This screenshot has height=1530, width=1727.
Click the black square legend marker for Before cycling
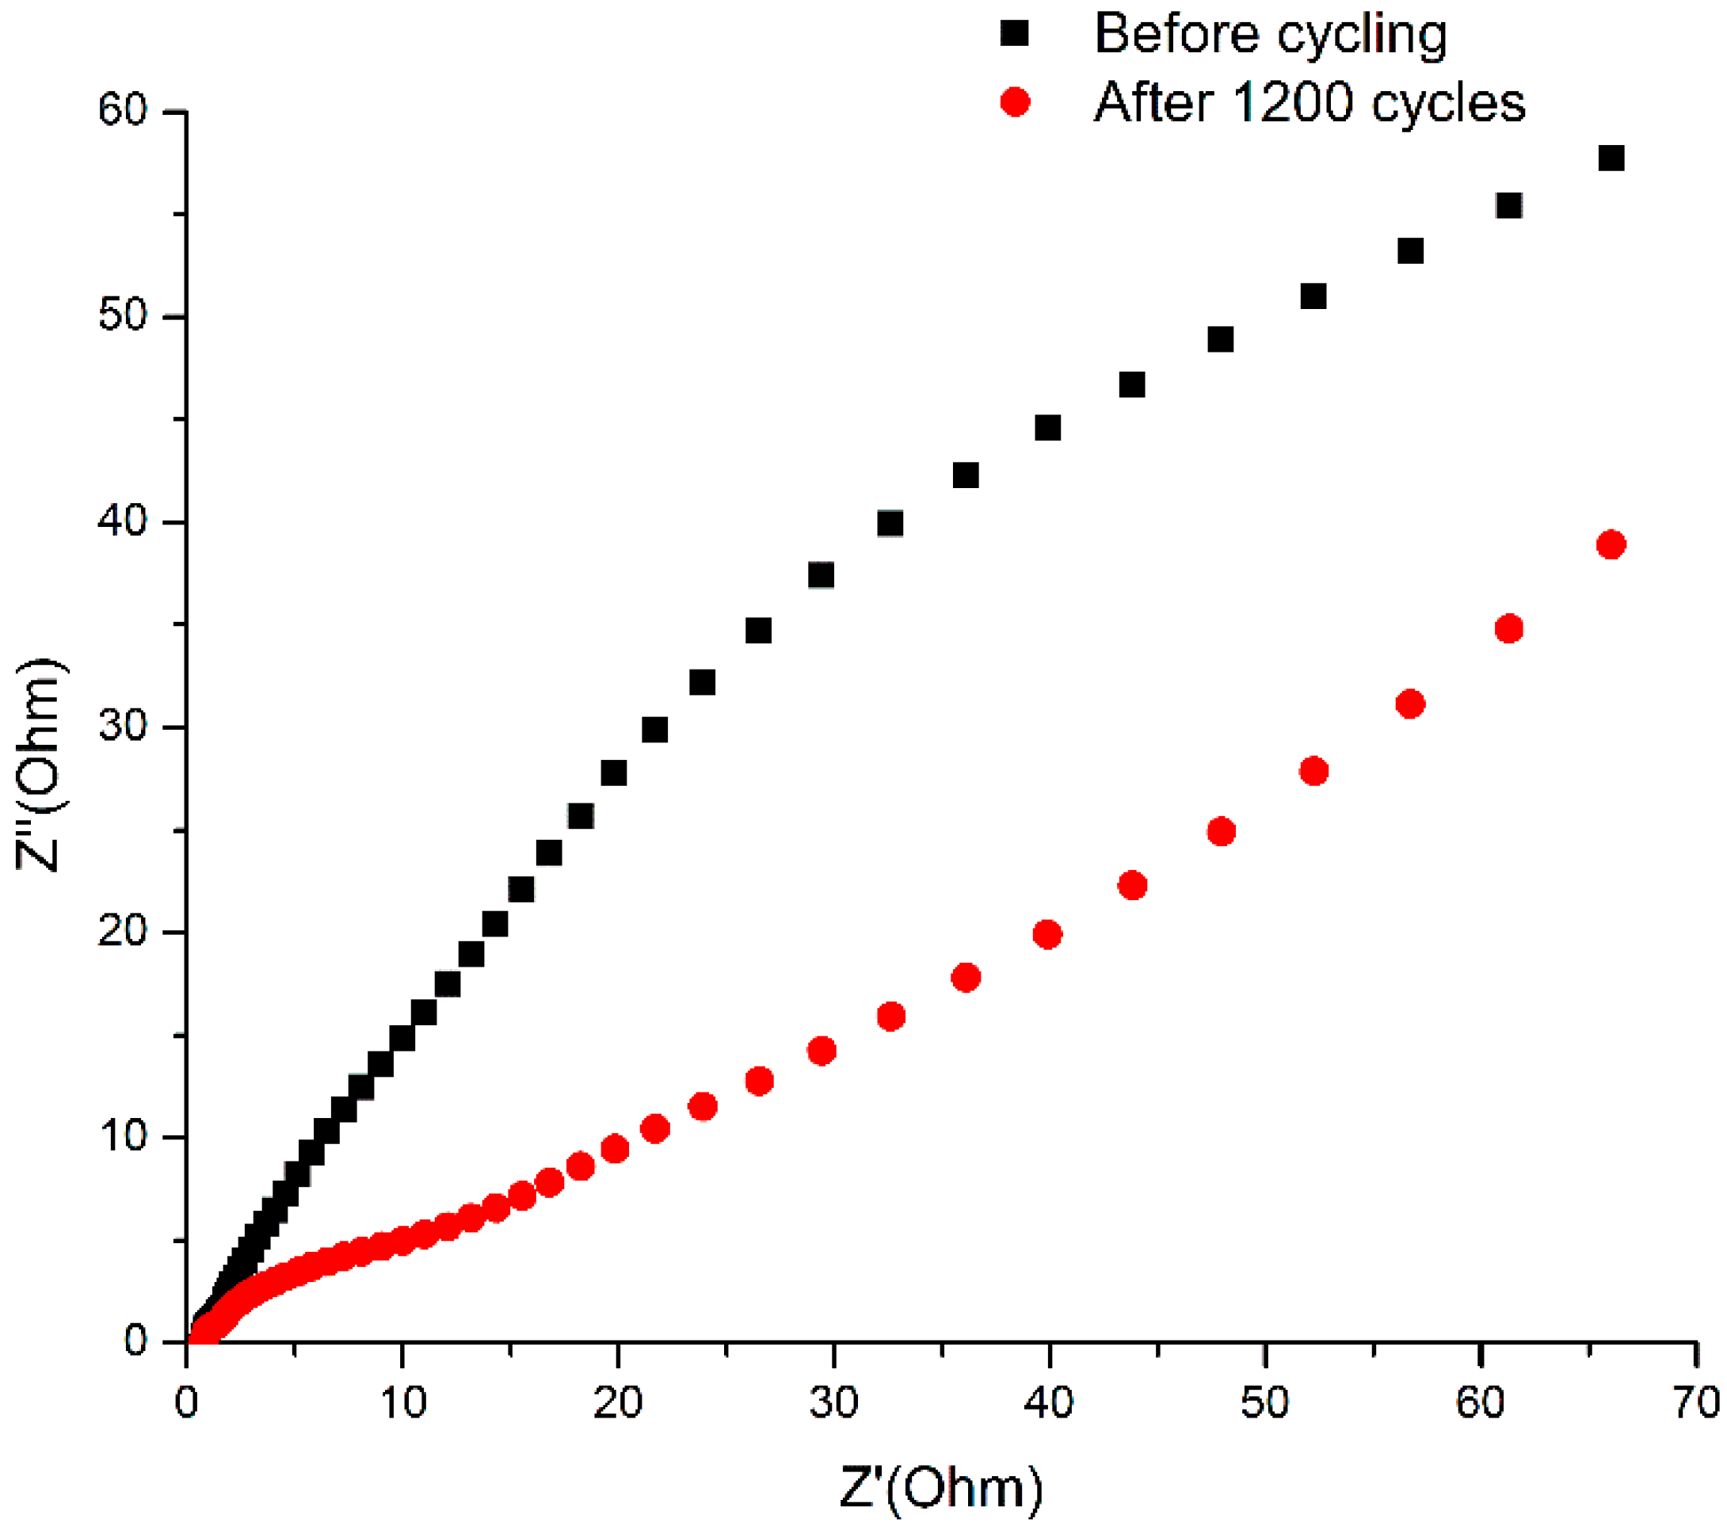click(1014, 34)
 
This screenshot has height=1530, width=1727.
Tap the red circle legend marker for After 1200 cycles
click(1014, 102)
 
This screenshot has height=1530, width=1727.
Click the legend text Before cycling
click(1271, 36)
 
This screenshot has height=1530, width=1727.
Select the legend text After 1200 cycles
click(1310, 103)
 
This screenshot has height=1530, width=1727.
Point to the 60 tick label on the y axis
click(123, 110)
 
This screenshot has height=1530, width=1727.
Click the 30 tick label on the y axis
click(123, 727)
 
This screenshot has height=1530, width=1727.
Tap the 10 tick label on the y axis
click(123, 1137)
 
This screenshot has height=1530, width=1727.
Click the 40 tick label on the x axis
click(1049, 1403)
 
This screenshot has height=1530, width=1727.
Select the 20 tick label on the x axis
click(618, 1403)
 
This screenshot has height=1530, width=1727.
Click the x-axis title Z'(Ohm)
click(941, 1488)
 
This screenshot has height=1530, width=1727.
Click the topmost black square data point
click(1611, 158)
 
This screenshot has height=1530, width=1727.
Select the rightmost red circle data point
click(1611, 545)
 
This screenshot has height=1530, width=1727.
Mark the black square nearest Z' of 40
click(1048, 429)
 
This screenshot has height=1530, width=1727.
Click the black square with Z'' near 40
click(890, 525)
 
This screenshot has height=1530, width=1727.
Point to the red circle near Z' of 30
click(822, 1051)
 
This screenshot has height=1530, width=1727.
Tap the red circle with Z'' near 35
click(1509, 629)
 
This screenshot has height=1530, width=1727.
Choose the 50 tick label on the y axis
click(123, 316)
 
